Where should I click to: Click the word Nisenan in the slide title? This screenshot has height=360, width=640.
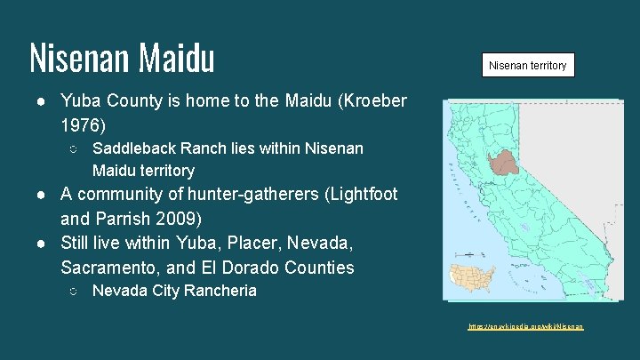click(x=78, y=58)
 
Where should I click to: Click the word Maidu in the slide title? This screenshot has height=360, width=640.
click(x=176, y=58)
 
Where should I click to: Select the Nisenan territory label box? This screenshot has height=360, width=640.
click(x=527, y=65)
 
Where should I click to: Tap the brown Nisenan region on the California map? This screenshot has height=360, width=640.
click(x=507, y=162)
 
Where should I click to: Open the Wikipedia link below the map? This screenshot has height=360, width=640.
click(x=526, y=327)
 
